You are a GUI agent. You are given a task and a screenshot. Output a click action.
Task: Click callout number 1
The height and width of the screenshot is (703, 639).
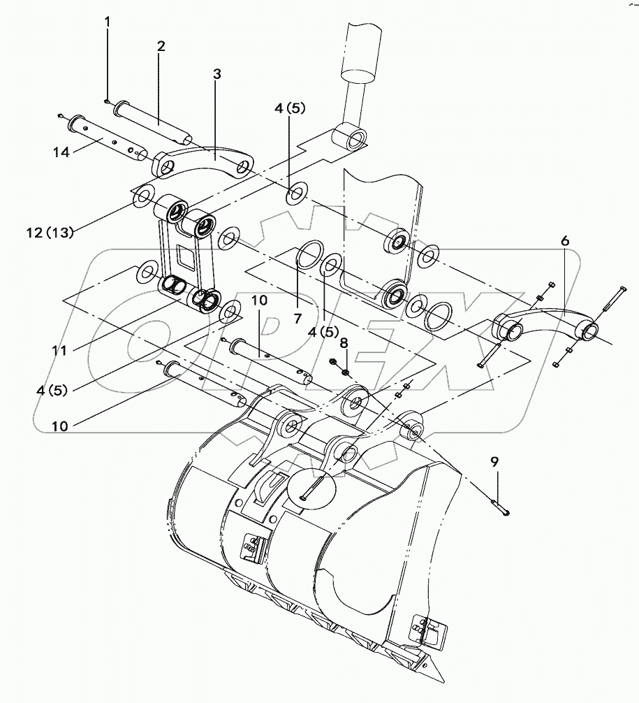[108, 22]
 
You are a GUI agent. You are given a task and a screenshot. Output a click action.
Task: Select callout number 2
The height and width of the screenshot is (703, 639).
[161, 46]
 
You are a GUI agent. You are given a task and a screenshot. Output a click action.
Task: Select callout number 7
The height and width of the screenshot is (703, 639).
[298, 318]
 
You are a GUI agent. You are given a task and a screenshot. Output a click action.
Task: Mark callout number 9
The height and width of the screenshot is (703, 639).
[494, 461]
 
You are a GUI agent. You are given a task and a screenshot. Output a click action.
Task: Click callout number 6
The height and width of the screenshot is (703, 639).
[564, 240]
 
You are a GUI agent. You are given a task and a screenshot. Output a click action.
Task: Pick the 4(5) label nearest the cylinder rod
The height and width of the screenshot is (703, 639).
[291, 108]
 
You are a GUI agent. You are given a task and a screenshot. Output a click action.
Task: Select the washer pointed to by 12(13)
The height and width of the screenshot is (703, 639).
[142, 195]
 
